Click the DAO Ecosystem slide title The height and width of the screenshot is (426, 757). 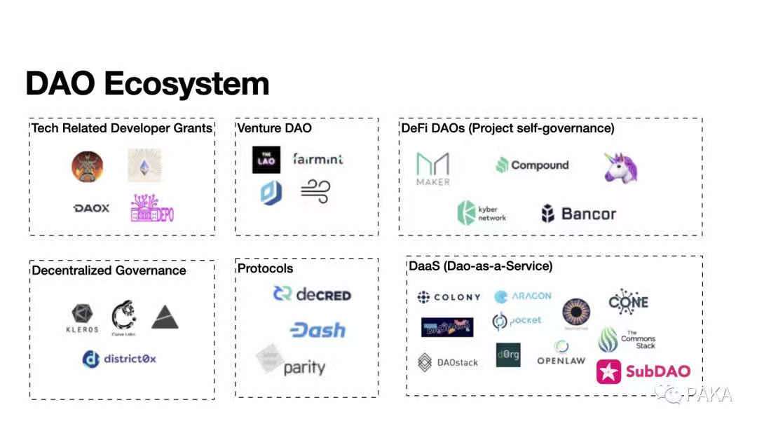click(147, 83)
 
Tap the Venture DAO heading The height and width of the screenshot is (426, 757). click(274, 128)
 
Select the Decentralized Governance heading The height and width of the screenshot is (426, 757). click(109, 270)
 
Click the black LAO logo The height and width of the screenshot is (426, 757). click(266, 160)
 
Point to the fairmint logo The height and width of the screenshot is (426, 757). click(318, 159)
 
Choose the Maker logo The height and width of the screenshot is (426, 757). click(433, 169)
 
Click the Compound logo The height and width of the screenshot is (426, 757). click(532, 165)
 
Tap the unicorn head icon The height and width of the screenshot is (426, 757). click(621, 167)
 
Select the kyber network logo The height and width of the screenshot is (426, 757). click(482, 213)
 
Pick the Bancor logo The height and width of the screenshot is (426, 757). click(578, 214)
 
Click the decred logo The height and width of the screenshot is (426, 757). click(312, 294)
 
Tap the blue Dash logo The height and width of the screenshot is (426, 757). click(318, 330)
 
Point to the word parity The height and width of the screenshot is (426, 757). click(304, 367)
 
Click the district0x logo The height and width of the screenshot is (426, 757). click(119, 359)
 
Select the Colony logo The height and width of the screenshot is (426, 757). click(449, 297)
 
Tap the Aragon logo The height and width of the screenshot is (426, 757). click(523, 296)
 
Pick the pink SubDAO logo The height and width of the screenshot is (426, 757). click(643, 371)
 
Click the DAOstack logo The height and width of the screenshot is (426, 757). click(448, 362)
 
